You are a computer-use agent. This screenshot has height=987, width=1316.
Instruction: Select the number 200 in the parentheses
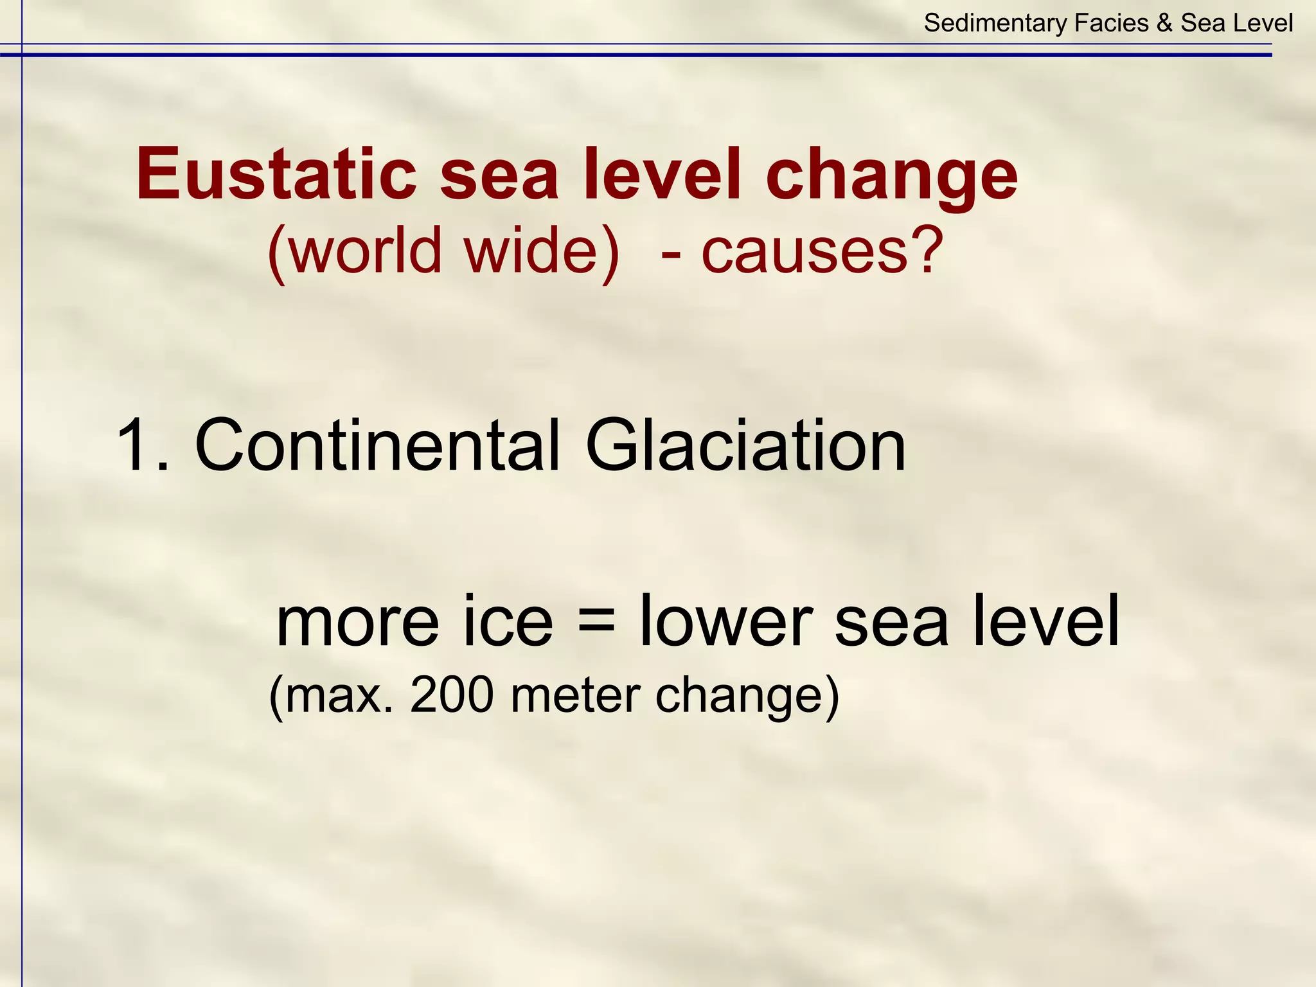click(x=452, y=695)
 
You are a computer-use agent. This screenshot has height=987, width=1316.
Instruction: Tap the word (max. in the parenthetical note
click(x=331, y=695)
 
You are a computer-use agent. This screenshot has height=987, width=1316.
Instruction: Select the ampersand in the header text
click(x=1164, y=24)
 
